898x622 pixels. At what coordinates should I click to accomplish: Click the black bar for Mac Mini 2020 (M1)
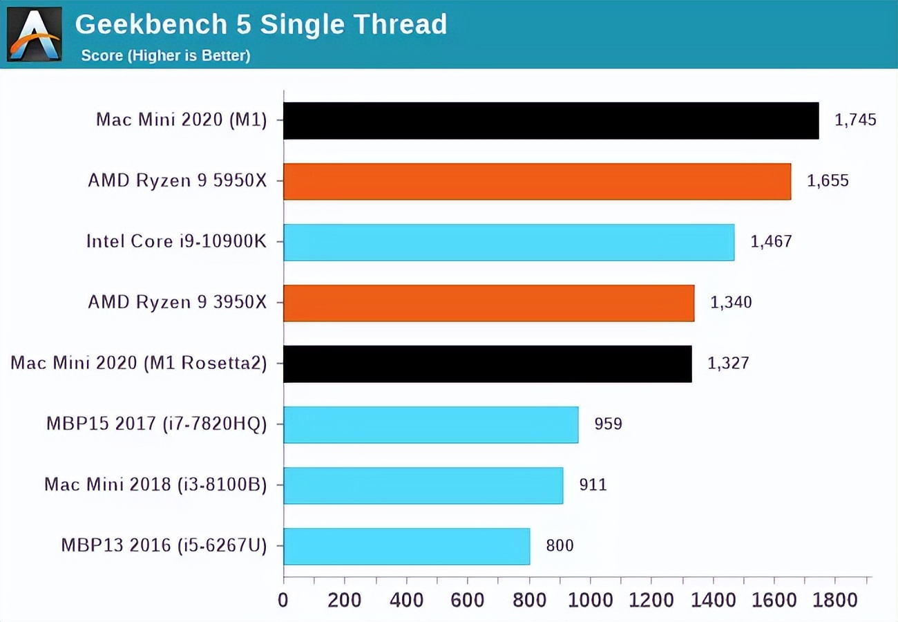point(551,120)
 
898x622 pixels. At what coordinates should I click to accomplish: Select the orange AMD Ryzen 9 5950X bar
point(537,181)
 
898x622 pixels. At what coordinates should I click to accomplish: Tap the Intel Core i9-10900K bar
point(508,242)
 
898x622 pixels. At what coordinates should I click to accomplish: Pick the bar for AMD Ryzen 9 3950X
point(488,303)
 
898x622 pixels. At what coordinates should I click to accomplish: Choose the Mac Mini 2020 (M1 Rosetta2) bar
point(487,364)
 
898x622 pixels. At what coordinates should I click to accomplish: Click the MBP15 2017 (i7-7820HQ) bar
point(430,424)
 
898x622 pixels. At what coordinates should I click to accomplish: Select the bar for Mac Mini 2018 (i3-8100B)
point(423,485)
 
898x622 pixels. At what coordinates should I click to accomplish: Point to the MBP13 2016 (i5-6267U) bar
point(406,546)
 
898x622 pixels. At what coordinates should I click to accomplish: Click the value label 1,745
point(855,120)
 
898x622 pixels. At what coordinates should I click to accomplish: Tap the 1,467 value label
point(771,242)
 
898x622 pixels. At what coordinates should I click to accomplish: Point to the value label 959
point(608,424)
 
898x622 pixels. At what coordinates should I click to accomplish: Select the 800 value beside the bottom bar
point(560,546)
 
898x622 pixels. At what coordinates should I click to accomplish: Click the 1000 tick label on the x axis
point(590,599)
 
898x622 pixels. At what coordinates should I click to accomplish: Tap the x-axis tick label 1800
point(835,599)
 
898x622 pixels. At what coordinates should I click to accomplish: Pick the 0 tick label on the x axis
point(283,599)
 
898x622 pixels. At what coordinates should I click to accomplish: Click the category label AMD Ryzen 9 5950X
point(177,181)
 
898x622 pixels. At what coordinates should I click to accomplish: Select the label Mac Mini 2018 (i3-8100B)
point(155,485)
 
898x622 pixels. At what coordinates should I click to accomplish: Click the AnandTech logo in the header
point(34,34)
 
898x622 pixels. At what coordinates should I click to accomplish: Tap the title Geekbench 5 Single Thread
point(261,25)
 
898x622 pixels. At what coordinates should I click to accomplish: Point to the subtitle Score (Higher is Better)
point(166,55)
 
